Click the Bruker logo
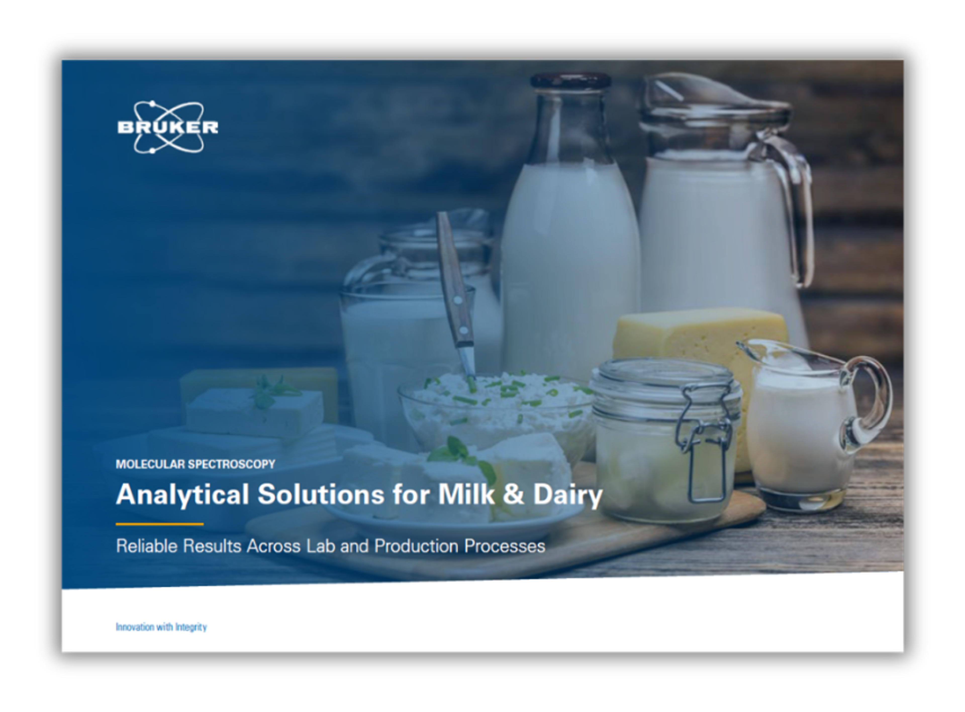(x=168, y=127)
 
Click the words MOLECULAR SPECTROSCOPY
(x=195, y=464)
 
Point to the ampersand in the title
(x=513, y=494)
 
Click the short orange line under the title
(x=160, y=524)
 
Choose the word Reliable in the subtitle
(x=147, y=546)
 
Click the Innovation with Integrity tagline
(x=161, y=627)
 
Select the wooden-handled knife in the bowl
(x=456, y=297)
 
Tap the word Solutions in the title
(x=321, y=494)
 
